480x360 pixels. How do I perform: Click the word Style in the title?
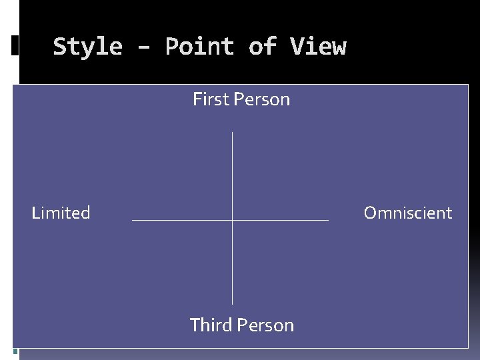[87, 47]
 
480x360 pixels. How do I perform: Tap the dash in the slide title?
[143, 47]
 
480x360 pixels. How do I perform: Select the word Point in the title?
[199, 47]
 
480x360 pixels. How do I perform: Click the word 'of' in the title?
[262, 47]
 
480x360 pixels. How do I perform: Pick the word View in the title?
[318, 47]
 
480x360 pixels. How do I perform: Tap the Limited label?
[61, 213]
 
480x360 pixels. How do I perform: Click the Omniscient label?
[408, 213]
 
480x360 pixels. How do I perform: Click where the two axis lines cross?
[232, 219]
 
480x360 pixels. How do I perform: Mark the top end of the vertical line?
[232, 133]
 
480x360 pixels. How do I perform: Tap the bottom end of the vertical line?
[232, 304]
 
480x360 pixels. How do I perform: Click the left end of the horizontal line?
[133, 219]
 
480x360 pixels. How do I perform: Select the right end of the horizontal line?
[328, 219]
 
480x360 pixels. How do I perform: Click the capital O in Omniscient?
[370, 213]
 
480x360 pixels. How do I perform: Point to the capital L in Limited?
[35, 213]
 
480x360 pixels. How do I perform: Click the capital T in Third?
[195, 325]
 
